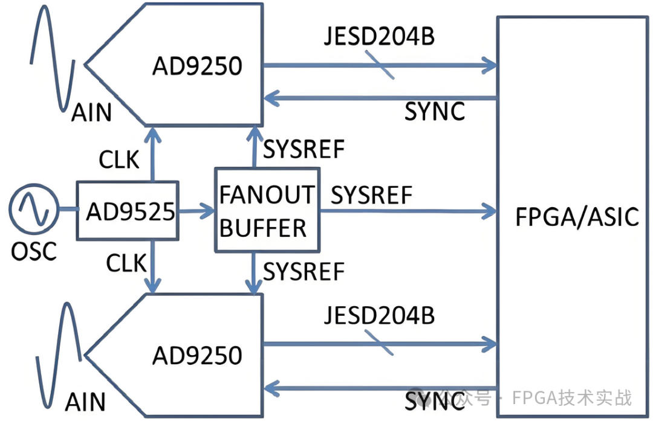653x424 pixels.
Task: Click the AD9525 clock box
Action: coord(128,210)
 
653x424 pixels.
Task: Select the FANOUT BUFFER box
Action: coord(267,210)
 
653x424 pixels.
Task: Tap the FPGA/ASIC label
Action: coord(577,216)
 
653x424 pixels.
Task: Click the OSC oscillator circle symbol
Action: coord(33,209)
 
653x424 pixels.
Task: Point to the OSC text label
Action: coord(34,250)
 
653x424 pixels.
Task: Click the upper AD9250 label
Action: coord(197,65)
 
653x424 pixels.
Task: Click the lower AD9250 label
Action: coord(197,355)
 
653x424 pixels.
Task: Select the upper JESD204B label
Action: coord(379,37)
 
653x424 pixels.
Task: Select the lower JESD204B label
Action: coord(379,316)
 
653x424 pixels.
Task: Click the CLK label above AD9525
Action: coord(119,159)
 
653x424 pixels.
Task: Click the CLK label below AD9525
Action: coord(126,263)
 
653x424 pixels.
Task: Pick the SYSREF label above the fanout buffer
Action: coord(305,149)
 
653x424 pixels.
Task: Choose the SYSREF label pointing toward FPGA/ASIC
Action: coord(372,195)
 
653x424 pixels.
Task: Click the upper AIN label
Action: coord(91,112)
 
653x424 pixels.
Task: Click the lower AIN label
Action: coord(85,402)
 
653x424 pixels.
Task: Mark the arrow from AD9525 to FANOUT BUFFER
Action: coord(197,211)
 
